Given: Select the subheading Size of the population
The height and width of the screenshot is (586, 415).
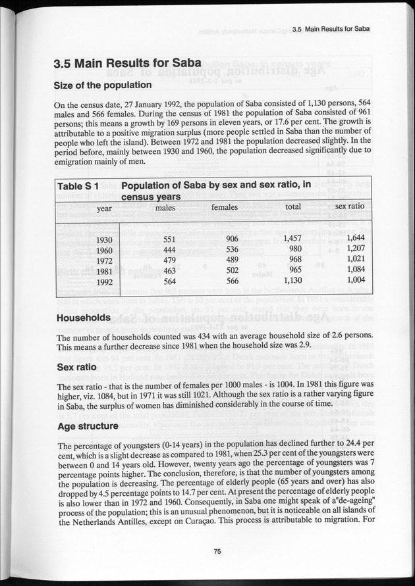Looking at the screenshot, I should [x=103, y=85].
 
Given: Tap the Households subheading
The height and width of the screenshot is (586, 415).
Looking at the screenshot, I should [x=82, y=318].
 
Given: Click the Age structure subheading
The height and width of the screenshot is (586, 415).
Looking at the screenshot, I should [x=88, y=426].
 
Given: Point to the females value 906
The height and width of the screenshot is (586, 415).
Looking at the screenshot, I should [x=231, y=239].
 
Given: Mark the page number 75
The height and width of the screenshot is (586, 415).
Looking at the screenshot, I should [x=217, y=551].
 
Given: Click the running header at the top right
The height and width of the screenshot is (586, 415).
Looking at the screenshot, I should [x=329, y=30].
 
